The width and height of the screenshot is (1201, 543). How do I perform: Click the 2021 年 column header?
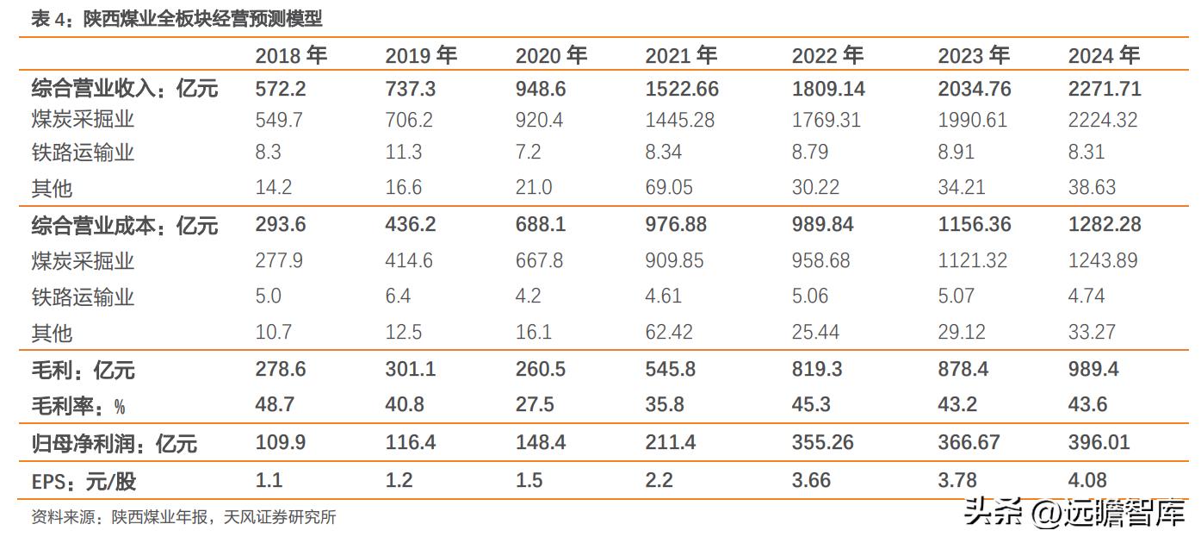680,56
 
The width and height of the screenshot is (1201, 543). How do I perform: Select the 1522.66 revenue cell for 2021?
682,89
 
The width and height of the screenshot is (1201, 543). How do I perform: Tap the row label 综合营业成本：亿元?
125,226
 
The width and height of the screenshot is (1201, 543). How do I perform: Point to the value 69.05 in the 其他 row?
670,187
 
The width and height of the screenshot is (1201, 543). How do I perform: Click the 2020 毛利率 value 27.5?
535,404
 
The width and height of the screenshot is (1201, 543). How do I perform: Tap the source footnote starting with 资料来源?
183,517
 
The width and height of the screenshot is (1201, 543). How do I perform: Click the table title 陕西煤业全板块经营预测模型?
202,19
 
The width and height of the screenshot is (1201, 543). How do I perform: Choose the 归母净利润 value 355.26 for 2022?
822,443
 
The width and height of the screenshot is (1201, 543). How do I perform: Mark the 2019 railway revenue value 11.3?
403,153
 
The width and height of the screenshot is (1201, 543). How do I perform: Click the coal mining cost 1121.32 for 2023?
972,260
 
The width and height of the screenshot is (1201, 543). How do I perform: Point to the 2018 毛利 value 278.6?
281,370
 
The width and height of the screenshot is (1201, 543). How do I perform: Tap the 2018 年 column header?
291,56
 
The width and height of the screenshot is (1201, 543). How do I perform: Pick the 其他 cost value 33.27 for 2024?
1092,332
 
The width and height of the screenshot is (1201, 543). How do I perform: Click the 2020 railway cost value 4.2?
528,296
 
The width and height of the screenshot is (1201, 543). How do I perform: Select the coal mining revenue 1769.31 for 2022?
826,120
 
